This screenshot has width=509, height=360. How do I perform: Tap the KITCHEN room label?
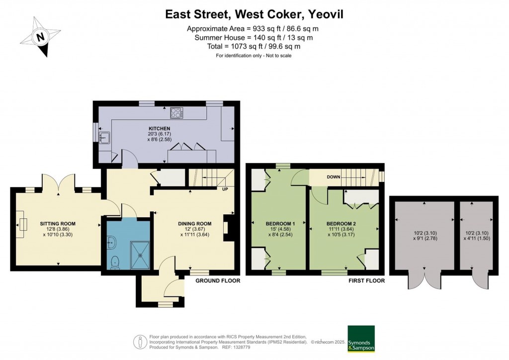[159, 129]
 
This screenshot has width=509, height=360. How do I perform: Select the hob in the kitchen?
[176, 113]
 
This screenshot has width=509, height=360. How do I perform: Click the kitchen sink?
[105, 137]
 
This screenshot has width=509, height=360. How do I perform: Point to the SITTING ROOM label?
[58, 224]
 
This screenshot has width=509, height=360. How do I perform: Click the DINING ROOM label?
[195, 224]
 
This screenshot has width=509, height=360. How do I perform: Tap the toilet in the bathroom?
[115, 262]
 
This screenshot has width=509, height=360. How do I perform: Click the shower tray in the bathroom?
[141, 255]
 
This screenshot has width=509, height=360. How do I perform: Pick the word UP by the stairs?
[225, 189]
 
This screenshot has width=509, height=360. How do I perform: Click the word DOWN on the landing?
[334, 177]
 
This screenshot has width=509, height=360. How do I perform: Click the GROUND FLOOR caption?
[218, 281]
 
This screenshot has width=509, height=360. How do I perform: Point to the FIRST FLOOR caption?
[366, 281]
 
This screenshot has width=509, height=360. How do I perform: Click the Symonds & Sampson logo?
[361, 339]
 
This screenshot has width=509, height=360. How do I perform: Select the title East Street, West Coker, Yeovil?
[254, 14]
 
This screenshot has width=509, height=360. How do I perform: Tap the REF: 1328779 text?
[236, 348]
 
